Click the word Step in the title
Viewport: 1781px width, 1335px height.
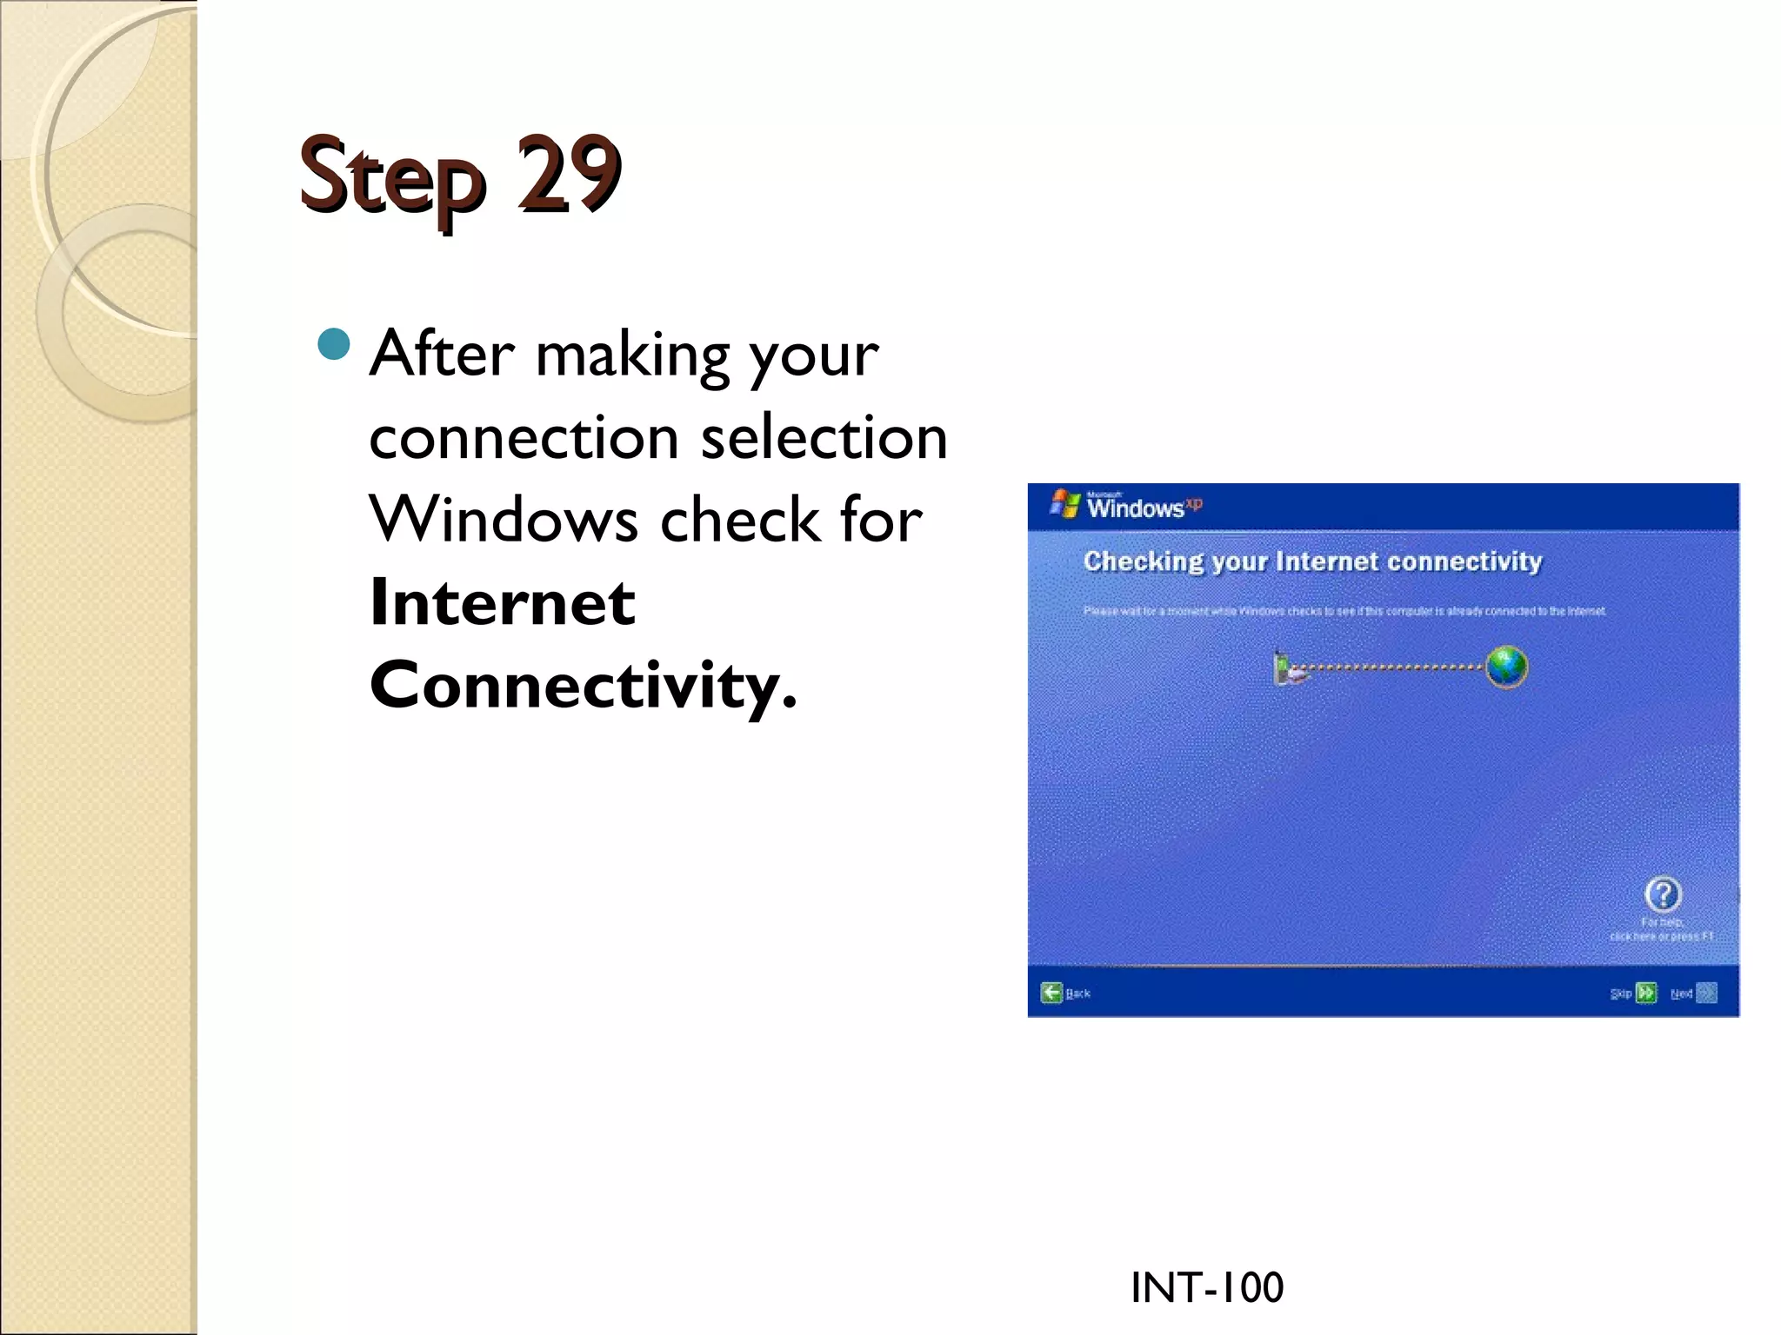tap(391, 178)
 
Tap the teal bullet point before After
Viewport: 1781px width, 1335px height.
tap(334, 345)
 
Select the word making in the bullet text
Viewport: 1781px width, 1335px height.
tap(632, 356)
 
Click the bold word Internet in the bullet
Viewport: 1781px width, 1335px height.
tap(502, 602)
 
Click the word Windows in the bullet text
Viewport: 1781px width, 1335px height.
tap(504, 520)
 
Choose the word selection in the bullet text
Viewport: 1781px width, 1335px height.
tap(824, 436)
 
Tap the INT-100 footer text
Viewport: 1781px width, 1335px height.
tap(1206, 1287)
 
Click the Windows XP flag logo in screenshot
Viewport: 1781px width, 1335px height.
tap(1064, 503)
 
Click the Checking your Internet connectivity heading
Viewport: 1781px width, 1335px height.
tap(1312, 561)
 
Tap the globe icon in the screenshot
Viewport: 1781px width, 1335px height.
tap(1506, 667)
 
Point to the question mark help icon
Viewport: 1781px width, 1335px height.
tap(1663, 893)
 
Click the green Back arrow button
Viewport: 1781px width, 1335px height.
tap(1052, 993)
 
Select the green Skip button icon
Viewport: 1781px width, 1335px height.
tap(1645, 993)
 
